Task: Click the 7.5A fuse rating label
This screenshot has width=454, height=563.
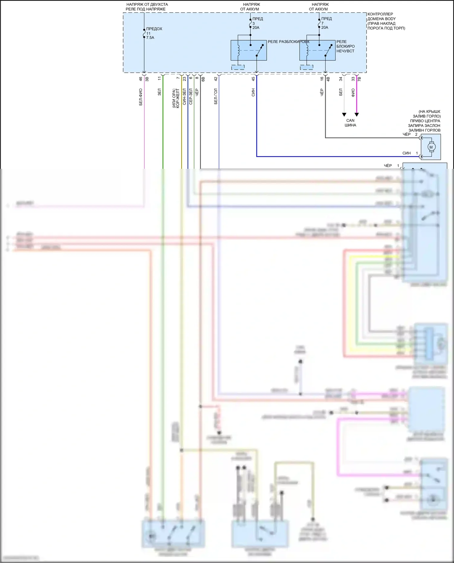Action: (150, 38)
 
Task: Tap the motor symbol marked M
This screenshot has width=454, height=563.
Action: (431, 147)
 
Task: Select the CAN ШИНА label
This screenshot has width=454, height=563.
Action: (350, 123)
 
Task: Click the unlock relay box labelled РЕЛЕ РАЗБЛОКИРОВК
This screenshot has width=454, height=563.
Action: (248, 50)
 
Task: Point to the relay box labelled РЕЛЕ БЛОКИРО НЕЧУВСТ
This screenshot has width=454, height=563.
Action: (317, 50)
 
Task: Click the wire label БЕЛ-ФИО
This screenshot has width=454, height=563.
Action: (141, 97)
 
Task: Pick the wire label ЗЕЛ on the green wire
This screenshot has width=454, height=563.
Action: (160, 92)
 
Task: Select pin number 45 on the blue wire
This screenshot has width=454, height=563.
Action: (253, 79)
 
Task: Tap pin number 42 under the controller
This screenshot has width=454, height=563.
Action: (215, 79)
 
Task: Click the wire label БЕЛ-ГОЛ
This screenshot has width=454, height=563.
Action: (215, 96)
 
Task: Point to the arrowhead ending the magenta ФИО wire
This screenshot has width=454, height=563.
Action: (357, 115)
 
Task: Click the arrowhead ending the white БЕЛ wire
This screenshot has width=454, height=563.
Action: (344, 115)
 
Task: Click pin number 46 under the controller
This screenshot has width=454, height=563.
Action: (141, 79)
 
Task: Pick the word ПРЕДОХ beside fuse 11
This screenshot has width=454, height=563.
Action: (154, 29)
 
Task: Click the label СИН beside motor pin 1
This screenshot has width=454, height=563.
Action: (406, 153)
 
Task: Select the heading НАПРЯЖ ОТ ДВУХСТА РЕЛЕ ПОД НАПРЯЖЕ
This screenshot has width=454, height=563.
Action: (147, 7)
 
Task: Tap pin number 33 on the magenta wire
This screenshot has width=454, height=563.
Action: (353, 79)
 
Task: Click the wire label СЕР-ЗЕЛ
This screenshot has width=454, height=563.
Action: (191, 97)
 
